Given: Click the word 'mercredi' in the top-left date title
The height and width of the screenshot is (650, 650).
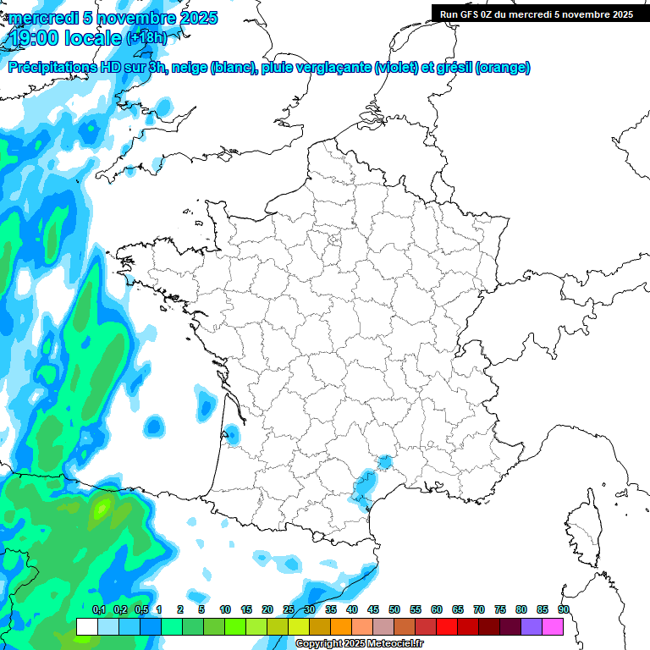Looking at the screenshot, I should coord(38,18).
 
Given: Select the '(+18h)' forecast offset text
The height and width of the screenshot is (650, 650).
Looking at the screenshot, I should coord(146,38).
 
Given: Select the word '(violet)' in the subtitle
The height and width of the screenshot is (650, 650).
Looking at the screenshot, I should coord(396,68).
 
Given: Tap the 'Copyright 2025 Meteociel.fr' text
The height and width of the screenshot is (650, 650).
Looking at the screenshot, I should coord(361,644).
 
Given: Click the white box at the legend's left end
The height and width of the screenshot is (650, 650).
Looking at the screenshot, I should coord(86,626).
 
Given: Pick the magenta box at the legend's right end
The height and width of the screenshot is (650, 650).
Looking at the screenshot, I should coord(553,626).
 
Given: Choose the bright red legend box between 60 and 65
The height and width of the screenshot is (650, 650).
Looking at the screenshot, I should coord(447,626).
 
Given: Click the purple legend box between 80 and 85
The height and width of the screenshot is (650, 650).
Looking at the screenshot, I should coord(532,626).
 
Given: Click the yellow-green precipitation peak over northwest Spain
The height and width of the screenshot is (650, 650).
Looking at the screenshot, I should coord(102,509).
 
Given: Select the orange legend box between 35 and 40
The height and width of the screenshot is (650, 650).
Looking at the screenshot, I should coord(341,626).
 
